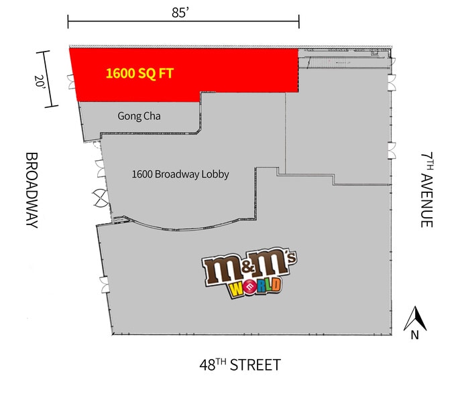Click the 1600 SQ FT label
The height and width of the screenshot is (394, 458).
pyautogui.click(x=139, y=72)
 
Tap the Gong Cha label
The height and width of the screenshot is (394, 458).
pyautogui.click(x=139, y=116)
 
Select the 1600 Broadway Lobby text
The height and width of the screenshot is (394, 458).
pyautogui.click(x=180, y=174)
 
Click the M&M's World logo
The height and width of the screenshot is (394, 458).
pyautogui.click(x=250, y=275)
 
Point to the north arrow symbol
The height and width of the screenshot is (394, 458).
pyautogui.click(x=415, y=316)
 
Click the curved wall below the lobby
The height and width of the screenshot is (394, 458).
pyautogui.click(x=181, y=228)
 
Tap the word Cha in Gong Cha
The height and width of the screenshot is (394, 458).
pyautogui.click(x=151, y=116)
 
